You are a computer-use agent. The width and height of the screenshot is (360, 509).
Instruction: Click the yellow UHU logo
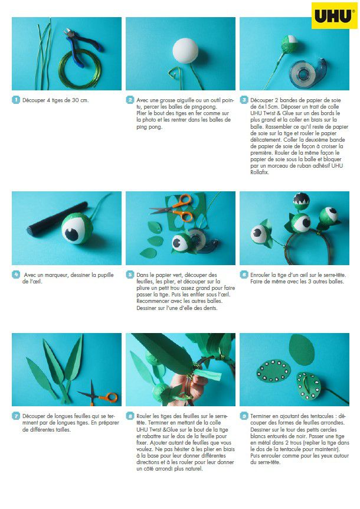click(x=335, y=15)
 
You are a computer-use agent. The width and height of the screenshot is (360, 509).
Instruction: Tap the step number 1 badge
click(x=16, y=100)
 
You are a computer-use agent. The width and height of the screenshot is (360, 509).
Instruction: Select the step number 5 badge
click(x=130, y=275)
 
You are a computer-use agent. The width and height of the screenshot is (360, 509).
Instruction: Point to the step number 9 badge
click(x=244, y=416)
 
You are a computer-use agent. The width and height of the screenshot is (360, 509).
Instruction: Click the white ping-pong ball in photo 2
click(x=185, y=51)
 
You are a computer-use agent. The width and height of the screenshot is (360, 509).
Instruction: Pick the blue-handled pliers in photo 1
click(x=81, y=45)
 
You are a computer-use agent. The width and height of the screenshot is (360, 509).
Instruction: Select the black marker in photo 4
click(x=57, y=218)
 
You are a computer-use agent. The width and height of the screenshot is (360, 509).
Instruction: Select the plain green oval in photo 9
click(x=302, y=350)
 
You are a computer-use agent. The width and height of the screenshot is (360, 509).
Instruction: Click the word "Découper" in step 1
click(x=34, y=100)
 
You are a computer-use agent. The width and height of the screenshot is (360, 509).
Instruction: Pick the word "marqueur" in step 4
click(x=55, y=275)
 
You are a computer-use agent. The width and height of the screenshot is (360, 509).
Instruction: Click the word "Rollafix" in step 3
click(x=259, y=172)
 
